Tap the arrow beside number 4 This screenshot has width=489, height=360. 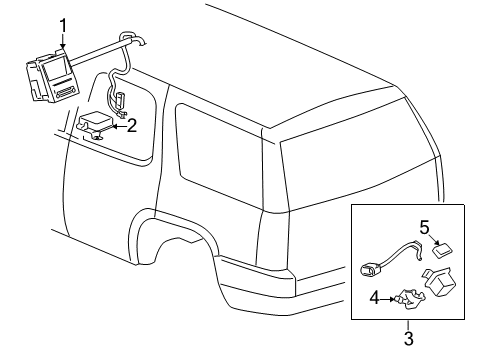[x=391, y=297]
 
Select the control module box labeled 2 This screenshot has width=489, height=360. [x=96, y=124]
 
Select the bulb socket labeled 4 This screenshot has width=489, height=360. [x=405, y=297]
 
